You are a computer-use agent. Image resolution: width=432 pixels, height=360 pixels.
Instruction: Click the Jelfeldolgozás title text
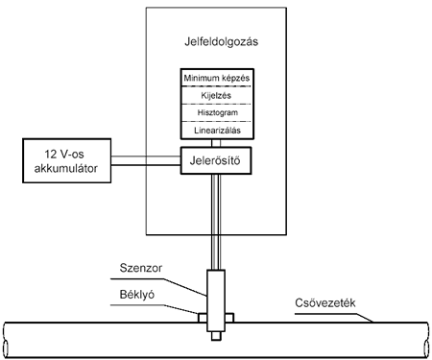(x=221, y=42)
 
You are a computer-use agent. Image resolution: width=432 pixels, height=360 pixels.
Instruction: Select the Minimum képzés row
(x=217, y=78)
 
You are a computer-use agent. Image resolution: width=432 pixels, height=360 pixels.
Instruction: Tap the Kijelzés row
(x=217, y=95)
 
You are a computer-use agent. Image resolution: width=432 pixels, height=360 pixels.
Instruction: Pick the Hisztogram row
(x=217, y=112)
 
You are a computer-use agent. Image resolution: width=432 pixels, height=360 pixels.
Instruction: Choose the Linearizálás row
(x=217, y=131)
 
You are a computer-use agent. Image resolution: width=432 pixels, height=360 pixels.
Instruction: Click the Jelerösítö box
(x=216, y=160)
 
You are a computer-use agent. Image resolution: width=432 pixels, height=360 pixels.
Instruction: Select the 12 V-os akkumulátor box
(x=66, y=160)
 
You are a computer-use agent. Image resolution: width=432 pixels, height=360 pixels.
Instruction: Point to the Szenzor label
(x=141, y=268)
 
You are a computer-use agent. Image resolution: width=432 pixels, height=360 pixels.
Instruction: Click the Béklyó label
(x=137, y=295)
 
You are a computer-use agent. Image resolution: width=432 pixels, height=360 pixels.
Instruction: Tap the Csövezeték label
(x=325, y=302)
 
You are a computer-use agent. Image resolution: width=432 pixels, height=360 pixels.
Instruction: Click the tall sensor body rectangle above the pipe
(x=216, y=300)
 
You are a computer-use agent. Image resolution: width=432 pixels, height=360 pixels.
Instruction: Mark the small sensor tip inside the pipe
(x=216, y=336)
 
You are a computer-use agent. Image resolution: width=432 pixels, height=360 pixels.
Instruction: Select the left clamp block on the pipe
(x=203, y=318)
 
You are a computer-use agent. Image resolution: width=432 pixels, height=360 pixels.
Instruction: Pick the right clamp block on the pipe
(x=229, y=318)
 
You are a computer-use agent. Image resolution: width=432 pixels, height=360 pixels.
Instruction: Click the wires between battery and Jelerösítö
(x=146, y=160)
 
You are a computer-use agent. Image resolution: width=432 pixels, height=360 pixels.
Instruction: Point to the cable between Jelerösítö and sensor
(x=216, y=222)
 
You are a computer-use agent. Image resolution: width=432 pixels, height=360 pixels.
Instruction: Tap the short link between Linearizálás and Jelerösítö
(x=216, y=143)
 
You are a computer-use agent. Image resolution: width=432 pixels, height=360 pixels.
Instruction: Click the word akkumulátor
(x=66, y=168)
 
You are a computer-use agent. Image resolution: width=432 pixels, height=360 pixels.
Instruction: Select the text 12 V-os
(x=64, y=155)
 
